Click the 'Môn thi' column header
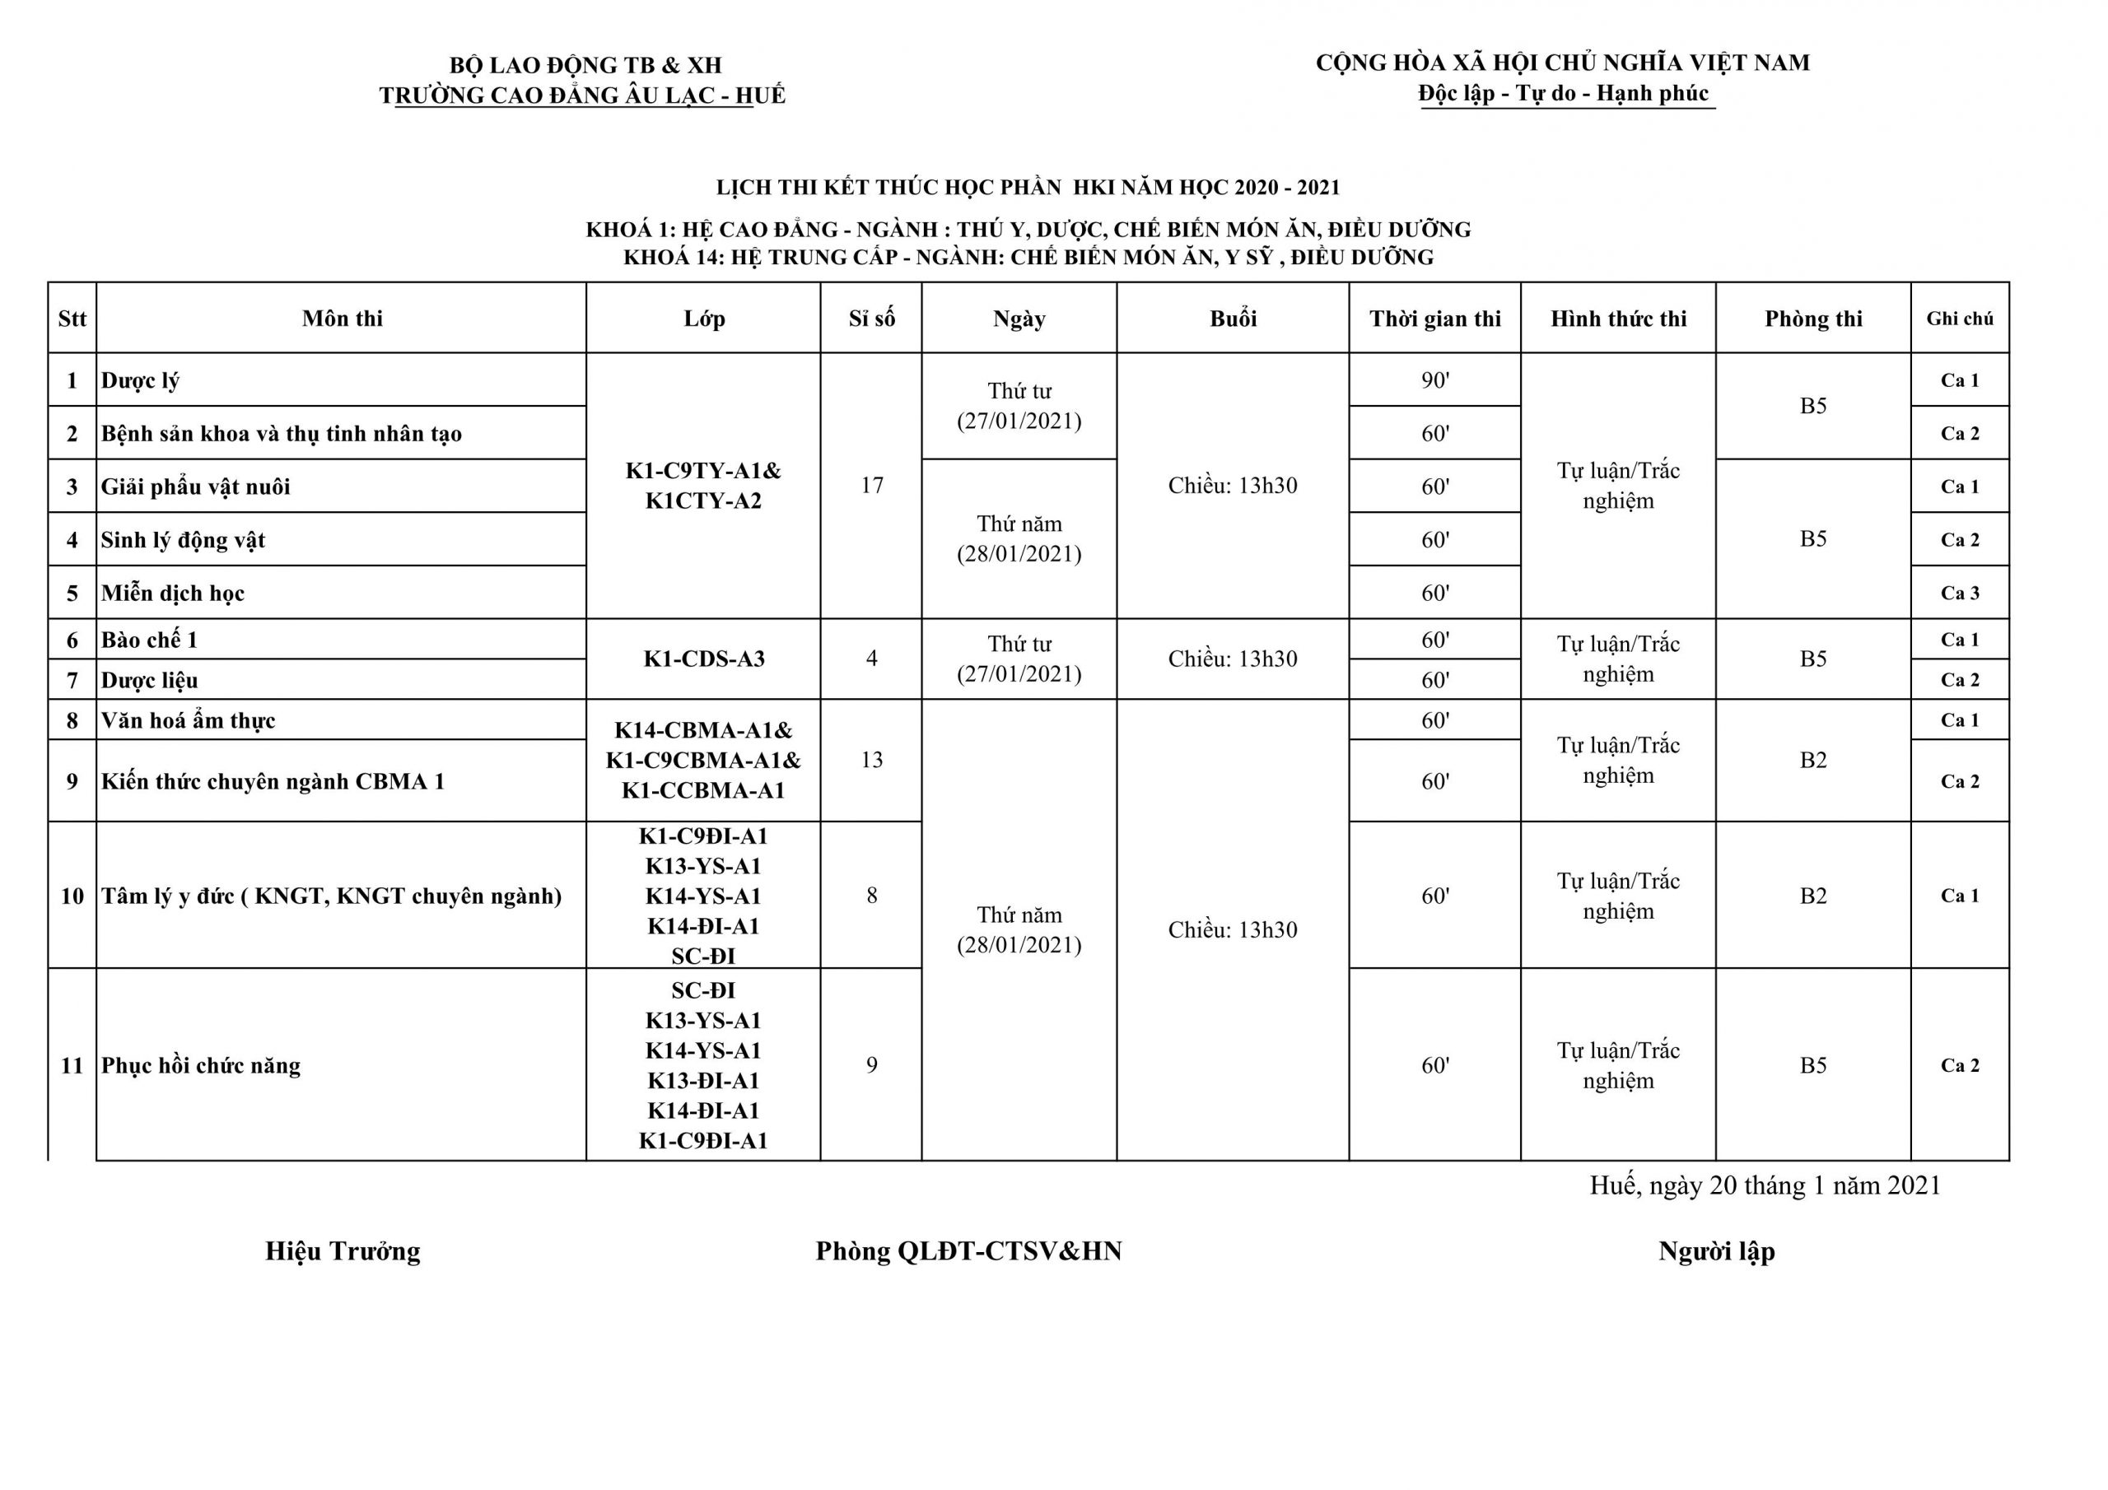pos(342,319)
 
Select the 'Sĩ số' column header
pos(870,319)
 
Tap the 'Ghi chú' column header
pos(1959,319)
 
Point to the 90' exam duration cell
pos(1434,380)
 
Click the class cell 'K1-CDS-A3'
pos(703,659)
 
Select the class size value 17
pos(871,485)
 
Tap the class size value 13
pos(871,760)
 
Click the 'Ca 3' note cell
pos(1959,593)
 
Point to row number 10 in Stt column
pos(72,896)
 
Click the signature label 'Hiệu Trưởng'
pos(343,1251)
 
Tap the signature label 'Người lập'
pos(1716,1251)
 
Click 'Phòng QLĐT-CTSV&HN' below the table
pos(968,1251)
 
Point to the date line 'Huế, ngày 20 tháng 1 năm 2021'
pos(1765,1185)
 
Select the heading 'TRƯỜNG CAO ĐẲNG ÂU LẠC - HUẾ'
pos(582,95)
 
